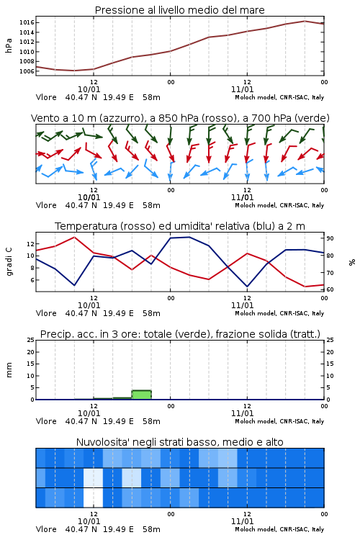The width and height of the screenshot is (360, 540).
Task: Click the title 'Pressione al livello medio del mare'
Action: tap(179, 10)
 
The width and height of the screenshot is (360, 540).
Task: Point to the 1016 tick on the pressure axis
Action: tap(27, 23)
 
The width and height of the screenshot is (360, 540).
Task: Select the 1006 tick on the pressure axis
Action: tap(27, 71)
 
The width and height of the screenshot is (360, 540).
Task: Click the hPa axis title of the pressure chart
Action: tap(9, 45)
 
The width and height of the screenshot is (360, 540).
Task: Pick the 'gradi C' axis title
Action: tap(9, 261)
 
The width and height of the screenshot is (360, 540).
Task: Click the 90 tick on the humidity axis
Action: tap(330, 238)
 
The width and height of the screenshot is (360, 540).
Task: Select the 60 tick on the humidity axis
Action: tap(330, 289)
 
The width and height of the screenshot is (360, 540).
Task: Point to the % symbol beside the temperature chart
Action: tap(352, 262)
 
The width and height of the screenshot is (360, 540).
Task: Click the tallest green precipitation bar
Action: tap(142, 395)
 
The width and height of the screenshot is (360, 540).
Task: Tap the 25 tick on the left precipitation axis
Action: tap(31, 340)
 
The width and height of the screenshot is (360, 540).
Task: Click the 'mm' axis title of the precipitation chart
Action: tap(9, 370)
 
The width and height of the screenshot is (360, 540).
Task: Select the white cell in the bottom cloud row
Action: tap(94, 498)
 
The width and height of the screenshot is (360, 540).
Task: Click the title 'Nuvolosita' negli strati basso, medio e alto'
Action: tap(179, 442)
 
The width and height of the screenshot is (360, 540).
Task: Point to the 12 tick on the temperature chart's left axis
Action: tap(30, 244)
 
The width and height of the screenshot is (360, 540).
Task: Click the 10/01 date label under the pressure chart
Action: tap(89, 89)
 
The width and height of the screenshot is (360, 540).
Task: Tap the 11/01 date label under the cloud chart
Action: tap(242, 521)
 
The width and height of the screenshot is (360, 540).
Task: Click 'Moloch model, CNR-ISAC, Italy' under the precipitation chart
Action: tap(279, 421)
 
